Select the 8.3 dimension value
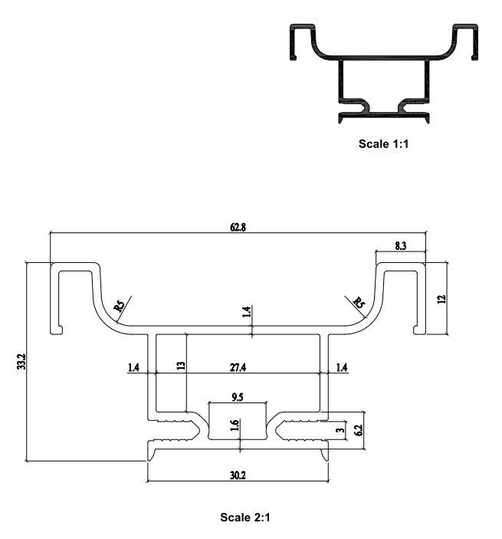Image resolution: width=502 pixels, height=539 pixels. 401,245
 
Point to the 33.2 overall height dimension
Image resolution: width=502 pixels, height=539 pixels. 20,362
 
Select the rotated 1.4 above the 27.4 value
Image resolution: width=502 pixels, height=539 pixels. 246,312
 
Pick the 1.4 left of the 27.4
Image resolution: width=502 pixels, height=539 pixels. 134,368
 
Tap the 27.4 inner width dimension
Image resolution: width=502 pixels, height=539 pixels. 238,368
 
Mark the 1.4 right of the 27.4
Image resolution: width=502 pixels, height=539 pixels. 342,368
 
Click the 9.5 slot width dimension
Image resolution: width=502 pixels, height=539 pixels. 238,397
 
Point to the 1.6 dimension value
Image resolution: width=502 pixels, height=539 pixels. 235,426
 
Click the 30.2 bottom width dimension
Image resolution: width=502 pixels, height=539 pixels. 238,475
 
